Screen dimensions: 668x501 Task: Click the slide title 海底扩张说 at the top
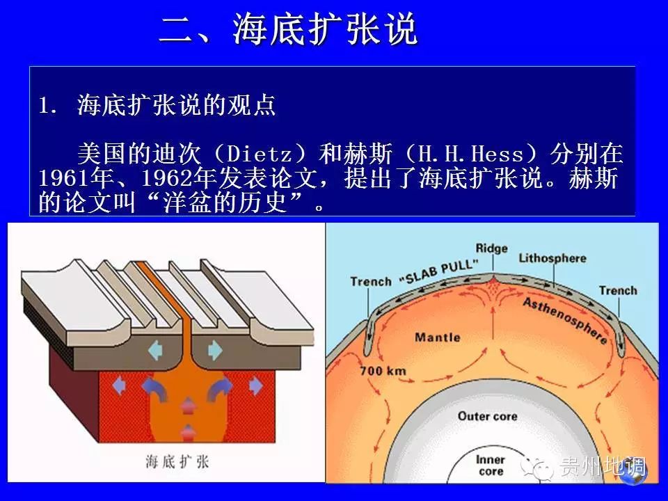pyautogui.click(x=325, y=29)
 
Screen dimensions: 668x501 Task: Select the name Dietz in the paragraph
pyautogui.click(x=259, y=154)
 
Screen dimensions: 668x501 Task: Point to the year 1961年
pyautogui.click(x=77, y=178)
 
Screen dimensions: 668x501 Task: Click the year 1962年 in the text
pyautogui.click(x=179, y=178)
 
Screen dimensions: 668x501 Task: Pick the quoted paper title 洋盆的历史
pyautogui.click(x=225, y=202)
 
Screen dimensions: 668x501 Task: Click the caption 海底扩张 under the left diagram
pyautogui.click(x=177, y=462)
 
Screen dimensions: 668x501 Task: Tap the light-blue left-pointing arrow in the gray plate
pyautogui.click(x=155, y=351)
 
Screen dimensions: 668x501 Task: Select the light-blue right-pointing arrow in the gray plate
pyautogui.click(x=215, y=351)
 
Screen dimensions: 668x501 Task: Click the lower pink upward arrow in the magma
pyautogui.click(x=188, y=432)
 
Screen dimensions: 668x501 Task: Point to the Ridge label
pyautogui.click(x=492, y=248)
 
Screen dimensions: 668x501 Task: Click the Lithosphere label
pyautogui.click(x=552, y=257)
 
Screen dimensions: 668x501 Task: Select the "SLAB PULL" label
pyautogui.click(x=439, y=272)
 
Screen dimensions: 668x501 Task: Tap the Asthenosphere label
pyautogui.click(x=565, y=320)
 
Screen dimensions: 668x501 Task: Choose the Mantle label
pyautogui.click(x=438, y=337)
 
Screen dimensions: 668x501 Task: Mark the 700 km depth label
pyautogui.click(x=383, y=371)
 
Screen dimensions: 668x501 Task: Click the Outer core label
pyautogui.click(x=488, y=416)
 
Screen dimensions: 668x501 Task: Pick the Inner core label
pyautogui.click(x=491, y=466)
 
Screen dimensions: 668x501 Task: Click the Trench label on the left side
pyautogui.click(x=371, y=281)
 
